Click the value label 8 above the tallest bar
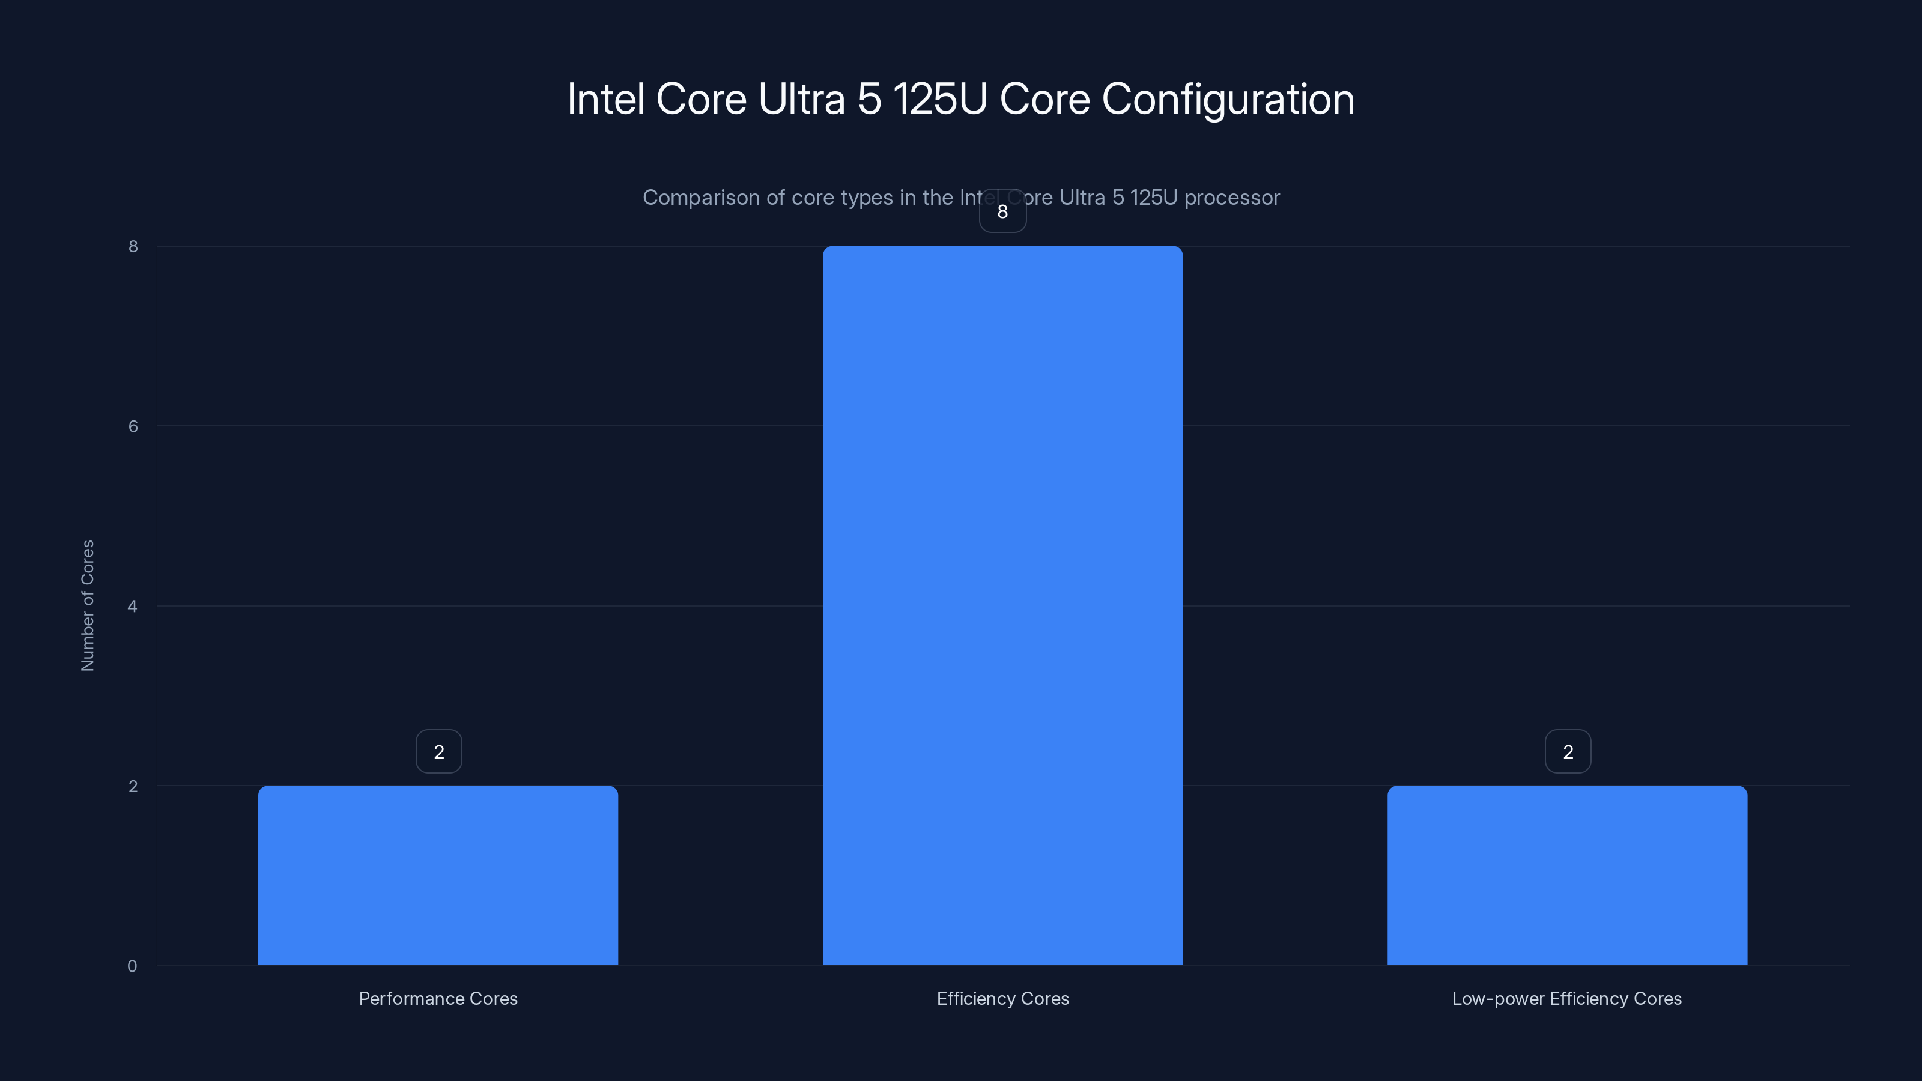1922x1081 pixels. pos(1002,212)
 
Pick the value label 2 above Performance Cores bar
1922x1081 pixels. pos(438,752)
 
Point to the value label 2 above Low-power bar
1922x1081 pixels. pos(1568,752)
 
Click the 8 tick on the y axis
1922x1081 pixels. pos(133,247)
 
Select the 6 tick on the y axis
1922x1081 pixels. pos(133,427)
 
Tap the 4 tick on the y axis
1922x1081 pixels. pos(133,607)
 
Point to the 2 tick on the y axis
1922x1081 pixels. pos(133,786)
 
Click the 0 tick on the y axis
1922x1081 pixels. pos(132,967)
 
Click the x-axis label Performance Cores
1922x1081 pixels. pos(438,998)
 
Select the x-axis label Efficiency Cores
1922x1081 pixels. pos(1002,998)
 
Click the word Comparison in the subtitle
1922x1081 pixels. pos(700,198)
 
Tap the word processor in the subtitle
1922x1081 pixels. pos(1232,198)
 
